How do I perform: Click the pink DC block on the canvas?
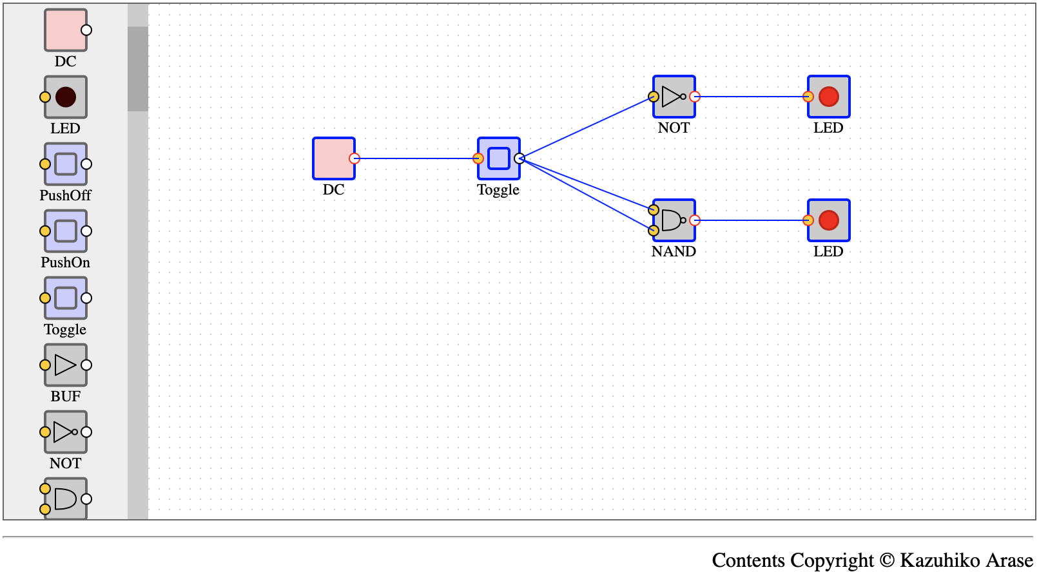pyautogui.click(x=333, y=158)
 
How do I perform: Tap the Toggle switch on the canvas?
pyautogui.click(x=499, y=158)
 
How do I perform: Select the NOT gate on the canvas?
pyautogui.click(x=674, y=97)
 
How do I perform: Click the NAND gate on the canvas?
pyautogui.click(x=674, y=221)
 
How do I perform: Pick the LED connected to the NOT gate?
pyautogui.click(x=829, y=97)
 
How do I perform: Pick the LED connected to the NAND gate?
pyautogui.click(x=829, y=221)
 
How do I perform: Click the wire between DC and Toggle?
pyautogui.click(x=416, y=158)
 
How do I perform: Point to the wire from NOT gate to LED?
pyautogui.click(x=752, y=97)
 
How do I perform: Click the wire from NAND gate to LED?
pyautogui.click(x=752, y=221)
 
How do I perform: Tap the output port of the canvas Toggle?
pyautogui.click(x=519, y=158)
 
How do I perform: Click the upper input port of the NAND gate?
pyautogui.click(x=654, y=210)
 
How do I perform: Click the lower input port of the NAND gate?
pyautogui.click(x=654, y=231)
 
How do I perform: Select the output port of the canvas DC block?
pyautogui.click(x=354, y=158)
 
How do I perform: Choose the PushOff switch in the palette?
pyautogui.click(x=65, y=164)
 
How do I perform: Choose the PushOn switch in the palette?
pyautogui.click(x=65, y=231)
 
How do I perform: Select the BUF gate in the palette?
pyautogui.click(x=65, y=365)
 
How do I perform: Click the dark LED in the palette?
pyautogui.click(x=65, y=97)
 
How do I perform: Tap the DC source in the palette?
pyautogui.click(x=65, y=30)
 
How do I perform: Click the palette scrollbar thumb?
pyautogui.click(x=138, y=69)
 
